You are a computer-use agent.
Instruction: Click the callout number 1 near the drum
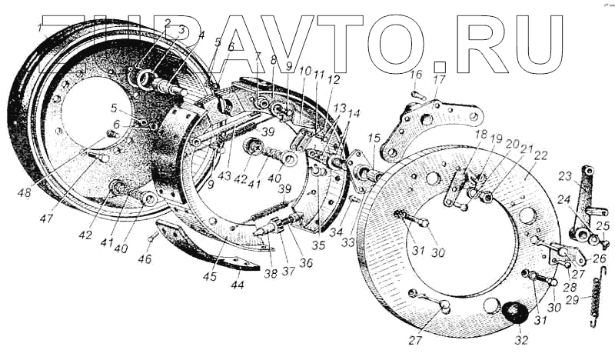(39, 28)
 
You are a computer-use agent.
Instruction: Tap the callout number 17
(438, 79)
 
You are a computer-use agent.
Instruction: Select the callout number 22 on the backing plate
(541, 155)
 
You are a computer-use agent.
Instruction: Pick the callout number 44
(238, 285)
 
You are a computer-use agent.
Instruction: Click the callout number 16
(416, 75)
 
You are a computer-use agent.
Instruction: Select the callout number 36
(306, 262)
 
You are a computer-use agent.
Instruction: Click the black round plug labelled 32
(512, 314)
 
